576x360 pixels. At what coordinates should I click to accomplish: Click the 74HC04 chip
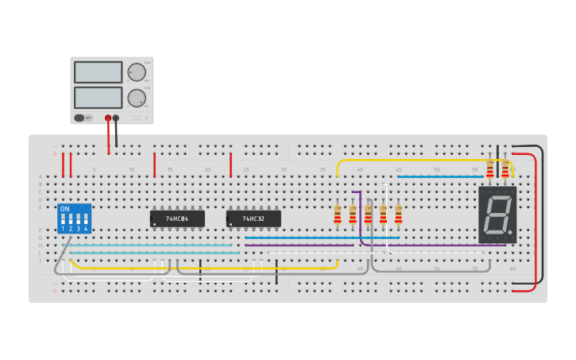click(177, 219)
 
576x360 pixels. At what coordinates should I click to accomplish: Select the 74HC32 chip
click(253, 219)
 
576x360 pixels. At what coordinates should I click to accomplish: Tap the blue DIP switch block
click(74, 219)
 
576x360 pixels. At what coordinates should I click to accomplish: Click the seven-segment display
click(497, 215)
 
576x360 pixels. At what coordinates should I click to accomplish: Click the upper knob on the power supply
click(137, 72)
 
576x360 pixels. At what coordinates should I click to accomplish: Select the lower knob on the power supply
click(137, 99)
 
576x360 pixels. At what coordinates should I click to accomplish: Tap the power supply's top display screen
click(98, 72)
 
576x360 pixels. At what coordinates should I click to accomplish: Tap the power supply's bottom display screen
click(98, 98)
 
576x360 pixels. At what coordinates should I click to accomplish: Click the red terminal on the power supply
click(108, 118)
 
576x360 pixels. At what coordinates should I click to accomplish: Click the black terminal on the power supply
click(116, 118)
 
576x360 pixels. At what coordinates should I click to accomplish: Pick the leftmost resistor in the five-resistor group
click(337, 214)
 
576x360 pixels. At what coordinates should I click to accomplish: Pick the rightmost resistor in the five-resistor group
click(398, 214)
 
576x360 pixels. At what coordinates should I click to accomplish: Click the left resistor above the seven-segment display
click(489, 168)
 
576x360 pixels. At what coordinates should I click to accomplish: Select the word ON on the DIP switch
click(64, 209)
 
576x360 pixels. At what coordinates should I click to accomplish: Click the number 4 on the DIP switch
click(86, 229)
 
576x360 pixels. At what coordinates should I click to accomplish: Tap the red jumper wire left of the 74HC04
click(154, 165)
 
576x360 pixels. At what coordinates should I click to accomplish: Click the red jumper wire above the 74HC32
click(230, 165)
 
